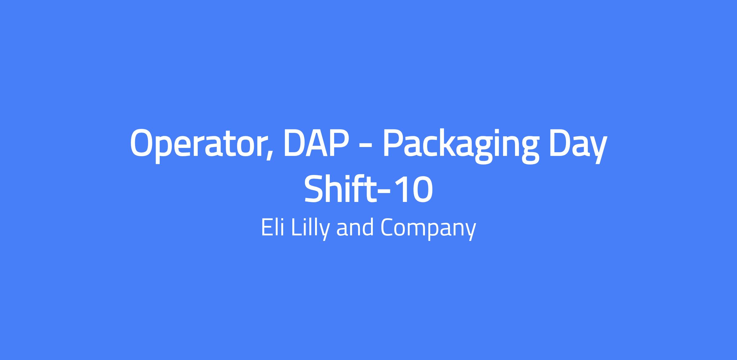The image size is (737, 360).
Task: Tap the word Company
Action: click(428, 229)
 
